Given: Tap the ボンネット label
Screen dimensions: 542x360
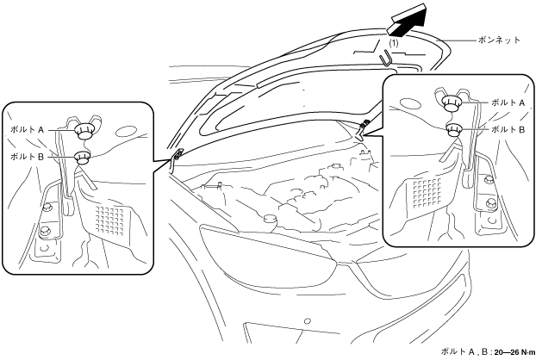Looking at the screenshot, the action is (499, 40).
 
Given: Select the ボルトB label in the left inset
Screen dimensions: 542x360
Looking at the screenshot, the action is (28, 157).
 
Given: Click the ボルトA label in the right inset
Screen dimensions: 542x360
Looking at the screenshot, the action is (507, 102).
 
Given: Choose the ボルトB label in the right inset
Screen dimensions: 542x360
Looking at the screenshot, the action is (507, 129).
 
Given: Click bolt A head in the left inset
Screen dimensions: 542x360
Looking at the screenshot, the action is (84, 132).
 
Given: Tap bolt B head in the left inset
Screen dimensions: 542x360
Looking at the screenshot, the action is (84, 158).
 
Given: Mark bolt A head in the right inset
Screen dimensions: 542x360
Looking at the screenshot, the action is (451, 102).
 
